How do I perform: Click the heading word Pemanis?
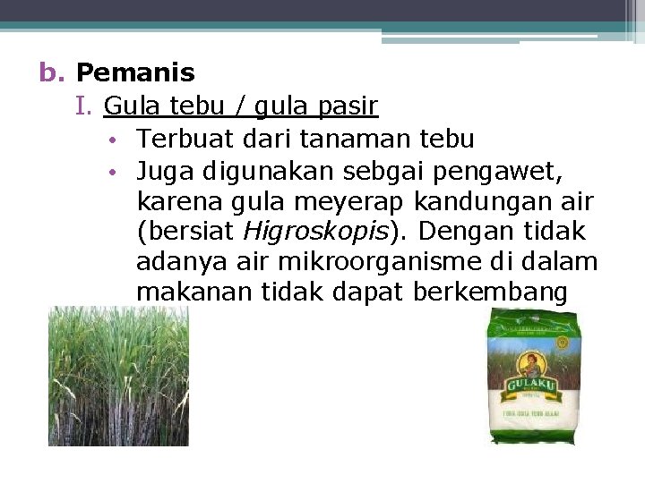click(x=135, y=72)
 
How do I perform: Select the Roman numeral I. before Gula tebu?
click(x=86, y=106)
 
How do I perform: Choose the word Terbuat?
click(x=182, y=139)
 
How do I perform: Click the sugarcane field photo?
click(x=118, y=376)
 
